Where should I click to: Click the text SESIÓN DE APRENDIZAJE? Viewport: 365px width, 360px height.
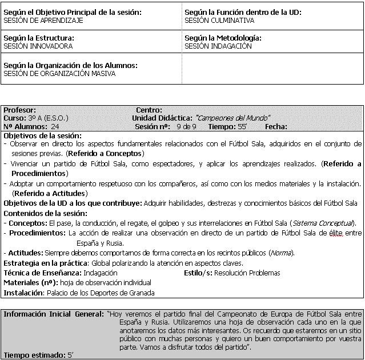point(43,20)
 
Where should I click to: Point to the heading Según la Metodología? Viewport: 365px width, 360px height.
point(223,38)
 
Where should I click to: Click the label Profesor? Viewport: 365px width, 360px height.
point(20,110)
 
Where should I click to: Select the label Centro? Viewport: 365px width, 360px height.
point(149,110)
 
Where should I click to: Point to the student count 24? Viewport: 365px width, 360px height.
point(55,127)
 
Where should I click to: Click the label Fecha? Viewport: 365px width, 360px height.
point(276,127)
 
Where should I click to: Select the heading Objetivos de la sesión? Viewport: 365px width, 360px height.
point(43,136)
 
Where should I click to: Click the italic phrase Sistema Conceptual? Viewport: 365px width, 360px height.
point(322,222)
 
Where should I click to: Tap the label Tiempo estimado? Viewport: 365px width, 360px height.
point(32,355)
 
